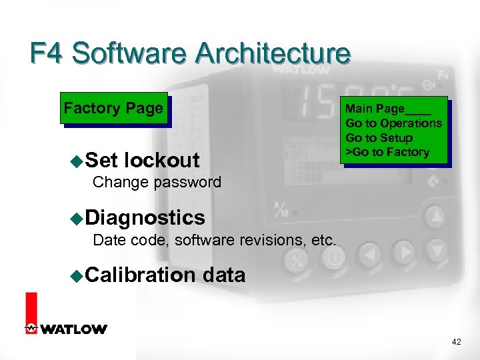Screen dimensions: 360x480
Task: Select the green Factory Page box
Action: [113, 109]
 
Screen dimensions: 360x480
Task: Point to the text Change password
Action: [157, 182]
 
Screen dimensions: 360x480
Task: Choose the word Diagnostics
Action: [145, 217]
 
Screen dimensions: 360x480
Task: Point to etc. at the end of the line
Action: [323, 240]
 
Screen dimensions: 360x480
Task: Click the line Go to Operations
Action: [393, 123]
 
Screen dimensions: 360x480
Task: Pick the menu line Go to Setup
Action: [379, 138]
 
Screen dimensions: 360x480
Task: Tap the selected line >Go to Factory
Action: [387, 153]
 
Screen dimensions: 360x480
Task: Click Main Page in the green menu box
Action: [375, 109]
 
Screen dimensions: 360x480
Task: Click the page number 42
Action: [456, 342]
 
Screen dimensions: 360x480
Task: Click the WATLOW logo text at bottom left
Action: [73, 329]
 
